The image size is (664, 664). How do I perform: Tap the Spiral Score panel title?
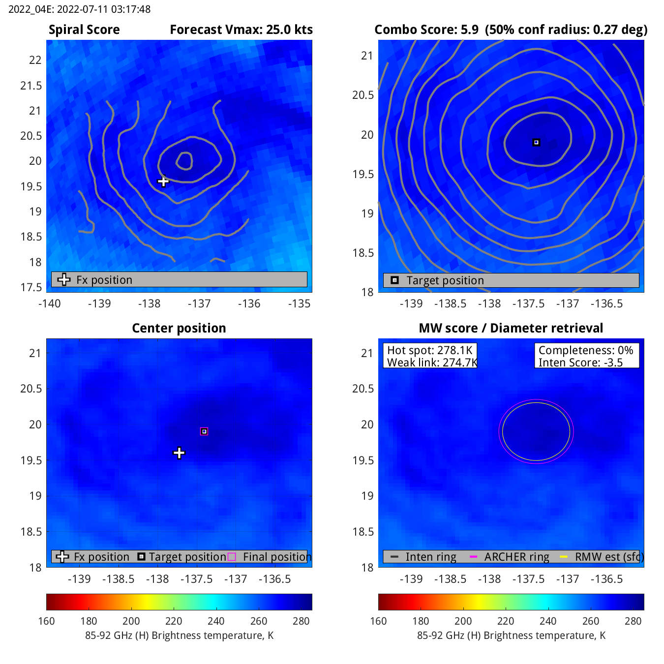(x=84, y=30)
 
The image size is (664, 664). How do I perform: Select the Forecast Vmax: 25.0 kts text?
(x=241, y=30)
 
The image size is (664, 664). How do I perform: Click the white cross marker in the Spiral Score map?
(x=163, y=181)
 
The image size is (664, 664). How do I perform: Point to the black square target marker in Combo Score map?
(x=536, y=143)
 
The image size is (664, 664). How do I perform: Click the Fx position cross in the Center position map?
(x=179, y=453)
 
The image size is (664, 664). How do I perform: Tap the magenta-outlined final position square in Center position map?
(x=204, y=431)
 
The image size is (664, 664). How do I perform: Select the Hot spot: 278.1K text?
(x=429, y=350)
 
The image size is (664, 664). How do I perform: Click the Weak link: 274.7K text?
(x=432, y=362)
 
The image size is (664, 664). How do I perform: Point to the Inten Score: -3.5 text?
(x=580, y=362)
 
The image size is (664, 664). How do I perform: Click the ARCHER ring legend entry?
(x=516, y=557)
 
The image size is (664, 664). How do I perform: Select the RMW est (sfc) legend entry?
(x=609, y=557)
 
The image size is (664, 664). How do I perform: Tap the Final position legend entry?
(x=276, y=557)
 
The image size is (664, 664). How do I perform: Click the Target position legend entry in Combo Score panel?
(x=445, y=280)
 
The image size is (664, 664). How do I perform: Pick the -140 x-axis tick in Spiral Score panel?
(x=50, y=303)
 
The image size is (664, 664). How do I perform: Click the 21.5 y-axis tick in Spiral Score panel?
(x=31, y=86)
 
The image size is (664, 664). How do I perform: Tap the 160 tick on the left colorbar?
(x=47, y=621)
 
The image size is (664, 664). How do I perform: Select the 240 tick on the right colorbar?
(x=548, y=621)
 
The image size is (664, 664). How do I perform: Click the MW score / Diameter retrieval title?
(x=511, y=329)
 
